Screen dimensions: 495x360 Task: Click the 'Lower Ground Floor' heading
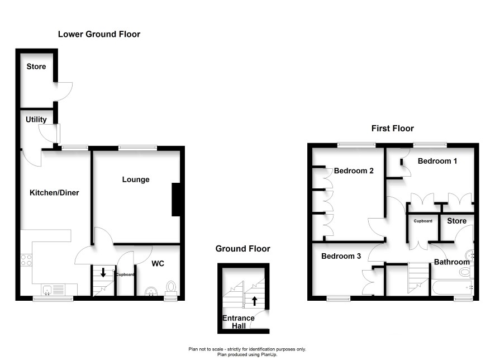99,34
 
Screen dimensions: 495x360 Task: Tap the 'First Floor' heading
392,129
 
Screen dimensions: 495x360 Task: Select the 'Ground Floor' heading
243,249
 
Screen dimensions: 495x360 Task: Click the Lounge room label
136,179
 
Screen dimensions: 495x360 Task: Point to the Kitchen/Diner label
54,193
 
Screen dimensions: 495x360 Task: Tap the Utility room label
36,120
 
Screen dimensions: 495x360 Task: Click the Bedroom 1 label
437,161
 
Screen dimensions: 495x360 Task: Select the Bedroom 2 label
354,171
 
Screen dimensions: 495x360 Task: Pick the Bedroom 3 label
341,256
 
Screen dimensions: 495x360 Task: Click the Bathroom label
452,262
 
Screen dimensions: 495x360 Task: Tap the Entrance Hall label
239,322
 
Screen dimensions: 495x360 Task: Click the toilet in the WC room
171,286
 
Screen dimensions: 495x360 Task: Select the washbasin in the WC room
152,291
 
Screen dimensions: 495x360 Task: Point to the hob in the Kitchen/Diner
26,260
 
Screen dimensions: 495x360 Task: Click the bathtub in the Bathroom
452,287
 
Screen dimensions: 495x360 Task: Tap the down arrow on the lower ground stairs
103,272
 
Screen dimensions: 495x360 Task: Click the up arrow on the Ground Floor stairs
254,301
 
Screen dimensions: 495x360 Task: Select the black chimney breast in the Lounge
176,200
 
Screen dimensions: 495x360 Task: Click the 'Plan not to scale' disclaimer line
247,349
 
